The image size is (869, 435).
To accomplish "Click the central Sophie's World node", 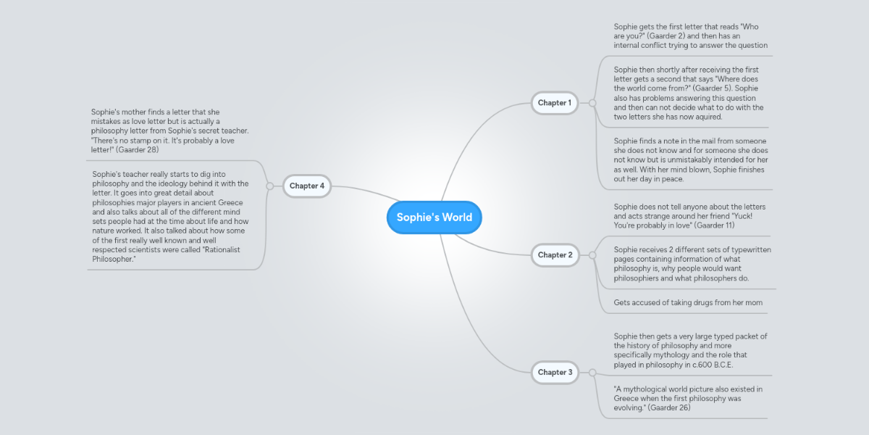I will point(434,217).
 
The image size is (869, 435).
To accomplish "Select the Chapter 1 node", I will point(555,103).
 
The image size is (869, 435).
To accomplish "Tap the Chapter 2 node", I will point(555,255).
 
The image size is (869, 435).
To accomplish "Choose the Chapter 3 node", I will point(555,373).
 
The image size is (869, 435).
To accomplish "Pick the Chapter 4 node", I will point(306,186).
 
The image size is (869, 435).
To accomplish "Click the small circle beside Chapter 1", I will point(592,103).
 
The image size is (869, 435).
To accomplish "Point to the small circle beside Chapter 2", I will point(592,255).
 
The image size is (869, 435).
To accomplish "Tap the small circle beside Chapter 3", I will point(592,373).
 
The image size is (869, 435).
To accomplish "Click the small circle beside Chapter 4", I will point(269,186).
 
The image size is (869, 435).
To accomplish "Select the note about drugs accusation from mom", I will point(687,302).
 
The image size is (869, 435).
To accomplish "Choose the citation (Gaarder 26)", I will point(669,408).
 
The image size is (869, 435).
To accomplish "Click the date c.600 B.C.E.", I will point(714,365).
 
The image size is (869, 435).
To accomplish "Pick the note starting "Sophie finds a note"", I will point(690,159).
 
